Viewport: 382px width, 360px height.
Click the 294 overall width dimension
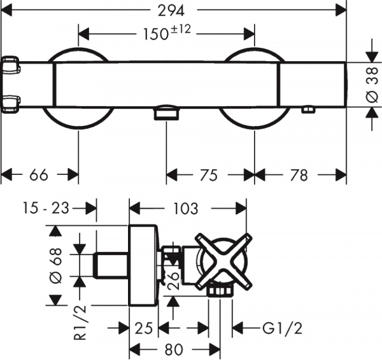coord(173,10)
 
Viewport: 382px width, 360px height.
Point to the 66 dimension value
coord(39,174)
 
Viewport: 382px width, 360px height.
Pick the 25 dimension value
coord(144,328)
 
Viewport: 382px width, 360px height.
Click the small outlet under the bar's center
coord(166,113)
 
